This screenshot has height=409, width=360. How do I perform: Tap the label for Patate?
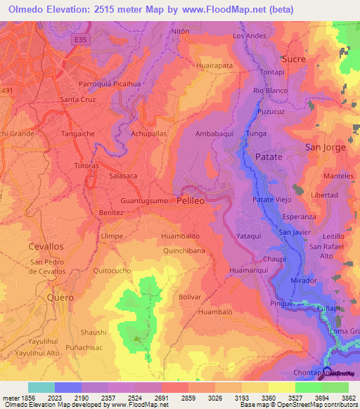click(269, 157)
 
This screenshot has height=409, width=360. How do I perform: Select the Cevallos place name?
click(46, 247)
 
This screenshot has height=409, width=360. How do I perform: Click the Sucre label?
click(293, 59)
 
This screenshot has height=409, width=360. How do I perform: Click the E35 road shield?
click(83, 41)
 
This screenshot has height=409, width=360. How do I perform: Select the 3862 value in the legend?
click(349, 397)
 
